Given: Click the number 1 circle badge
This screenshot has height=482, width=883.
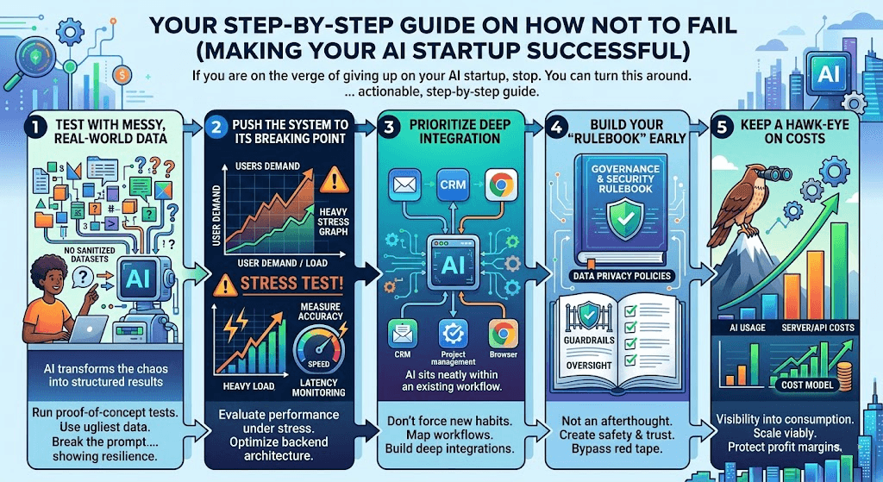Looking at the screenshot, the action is (35, 128).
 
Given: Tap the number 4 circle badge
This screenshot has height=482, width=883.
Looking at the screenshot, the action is (556, 128).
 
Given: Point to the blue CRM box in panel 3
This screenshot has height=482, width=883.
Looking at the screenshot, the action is (453, 185).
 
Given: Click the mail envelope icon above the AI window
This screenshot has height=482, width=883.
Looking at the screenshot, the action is (404, 185).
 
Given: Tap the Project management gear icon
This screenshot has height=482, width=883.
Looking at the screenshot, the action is (453, 334).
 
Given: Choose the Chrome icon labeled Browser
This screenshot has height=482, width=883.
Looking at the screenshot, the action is (503, 334).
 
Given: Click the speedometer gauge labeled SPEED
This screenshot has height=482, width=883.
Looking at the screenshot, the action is (319, 350).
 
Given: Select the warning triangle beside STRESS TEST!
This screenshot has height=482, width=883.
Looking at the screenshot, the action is (225, 285).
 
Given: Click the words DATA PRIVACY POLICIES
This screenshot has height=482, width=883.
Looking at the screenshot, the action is (622, 276).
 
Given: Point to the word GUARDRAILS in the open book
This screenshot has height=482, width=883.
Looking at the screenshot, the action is (589, 340).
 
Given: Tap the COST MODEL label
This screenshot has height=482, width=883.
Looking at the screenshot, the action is (807, 385).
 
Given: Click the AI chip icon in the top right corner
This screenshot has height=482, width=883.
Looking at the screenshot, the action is (829, 74).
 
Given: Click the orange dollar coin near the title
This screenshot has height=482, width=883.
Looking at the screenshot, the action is (122, 74).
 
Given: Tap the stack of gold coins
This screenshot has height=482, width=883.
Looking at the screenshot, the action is (844, 375).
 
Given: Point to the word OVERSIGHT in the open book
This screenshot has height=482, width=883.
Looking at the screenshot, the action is (589, 366).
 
